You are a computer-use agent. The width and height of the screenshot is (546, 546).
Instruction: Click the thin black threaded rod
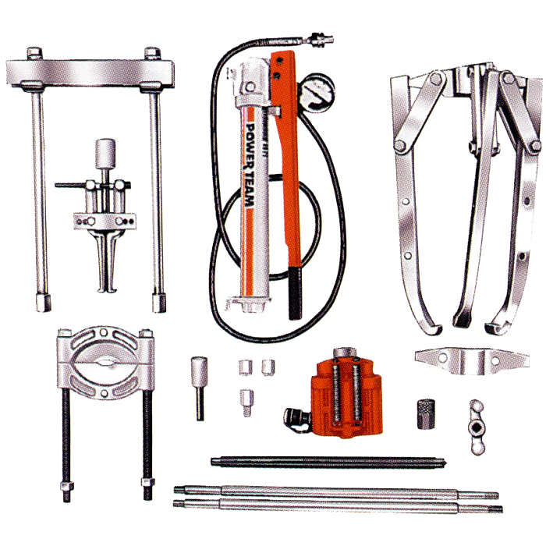[x=328, y=461]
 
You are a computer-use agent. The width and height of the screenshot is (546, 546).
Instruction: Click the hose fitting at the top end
[x=319, y=37]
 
